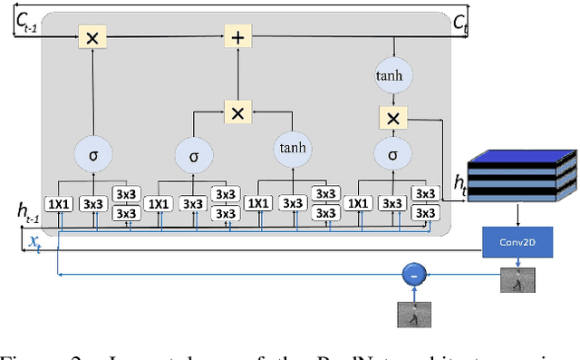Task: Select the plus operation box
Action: pyautogui.click(x=237, y=37)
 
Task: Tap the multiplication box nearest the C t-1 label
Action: pyautogui.click(x=92, y=37)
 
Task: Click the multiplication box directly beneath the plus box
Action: pyautogui.click(x=237, y=113)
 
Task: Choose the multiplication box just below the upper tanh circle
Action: pyautogui.click(x=392, y=119)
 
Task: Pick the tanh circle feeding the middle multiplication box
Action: pyautogui.click(x=293, y=149)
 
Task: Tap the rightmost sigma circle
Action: pyautogui.click(x=392, y=155)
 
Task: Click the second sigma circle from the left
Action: pyautogui.click(x=193, y=155)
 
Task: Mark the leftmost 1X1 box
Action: pyautogui.click(x=59, y=204)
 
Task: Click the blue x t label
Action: pyautogui.click(x=34, y=240)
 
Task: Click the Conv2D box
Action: pyautogui.click(x=516, y=242)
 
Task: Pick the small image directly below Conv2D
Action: pyautogui.click(x=517, y=281)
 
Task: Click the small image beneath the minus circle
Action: pyautogui.click(x=414, y=314)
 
